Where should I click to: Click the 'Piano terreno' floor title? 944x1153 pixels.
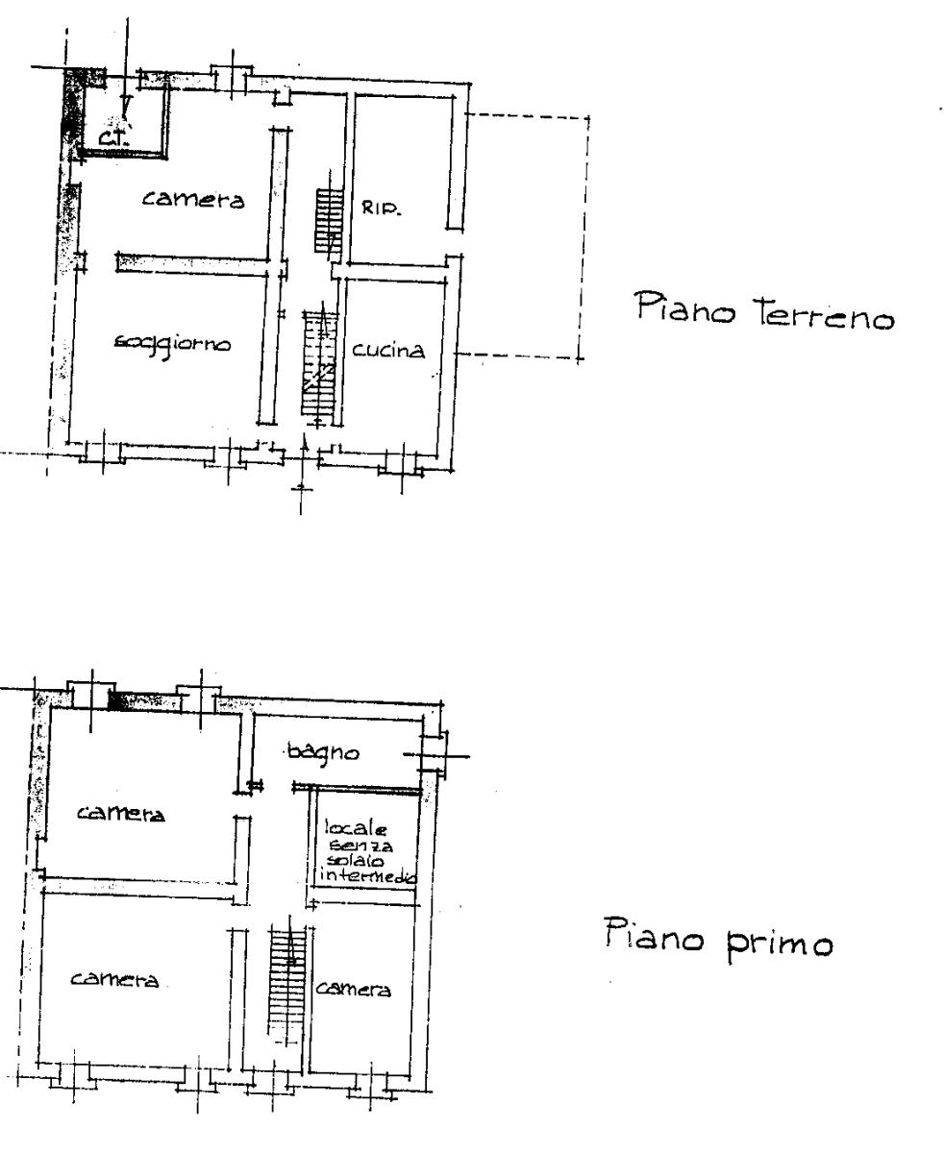763,311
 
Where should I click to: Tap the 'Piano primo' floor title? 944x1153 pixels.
718,941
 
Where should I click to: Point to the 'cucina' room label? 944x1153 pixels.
387,350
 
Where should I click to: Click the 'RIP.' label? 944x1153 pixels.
382,208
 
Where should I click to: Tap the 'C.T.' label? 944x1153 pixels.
114,136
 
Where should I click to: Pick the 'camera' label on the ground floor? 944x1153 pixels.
193,199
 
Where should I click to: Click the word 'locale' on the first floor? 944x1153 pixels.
356,827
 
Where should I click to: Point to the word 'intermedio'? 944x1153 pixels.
367,876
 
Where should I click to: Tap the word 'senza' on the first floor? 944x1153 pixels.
361,845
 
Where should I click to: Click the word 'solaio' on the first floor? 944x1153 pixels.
355,860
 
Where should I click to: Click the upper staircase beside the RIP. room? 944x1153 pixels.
330,220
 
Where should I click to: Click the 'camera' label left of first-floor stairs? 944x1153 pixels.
114,978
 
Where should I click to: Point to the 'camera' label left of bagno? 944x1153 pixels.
121,814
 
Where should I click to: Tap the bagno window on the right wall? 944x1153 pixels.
435,755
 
